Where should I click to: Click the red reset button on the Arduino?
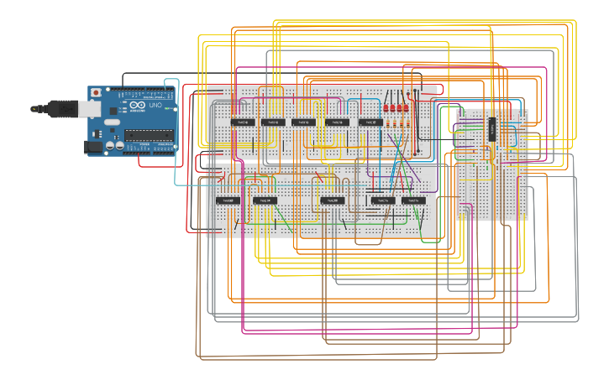tap(96, 91)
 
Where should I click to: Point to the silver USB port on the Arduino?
tap(88, 108)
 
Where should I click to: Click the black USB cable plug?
tap(62, 108)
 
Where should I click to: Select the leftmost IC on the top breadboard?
tap(243, 122)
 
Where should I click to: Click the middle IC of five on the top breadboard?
tap(303, 122)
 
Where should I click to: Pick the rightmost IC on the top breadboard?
tap(370, 122)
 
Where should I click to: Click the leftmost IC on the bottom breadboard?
tap(228, 200)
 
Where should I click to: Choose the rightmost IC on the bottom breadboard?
tap(412, 200)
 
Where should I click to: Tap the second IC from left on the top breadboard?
tap(271, 122)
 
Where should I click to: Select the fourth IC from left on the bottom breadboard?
tap(383, 200)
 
